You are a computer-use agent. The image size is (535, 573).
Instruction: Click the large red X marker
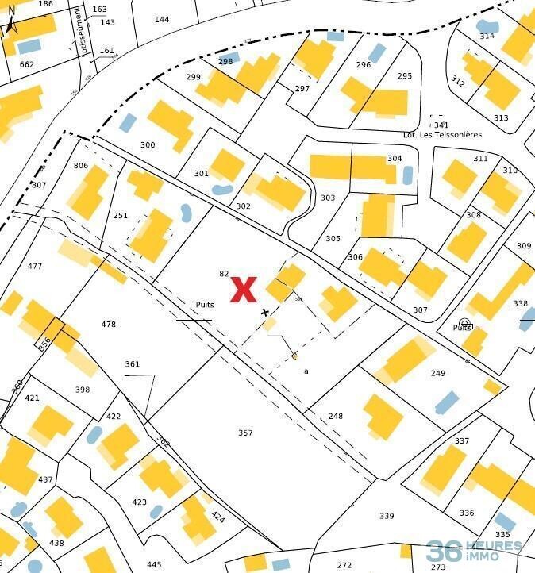[x=243, y=290]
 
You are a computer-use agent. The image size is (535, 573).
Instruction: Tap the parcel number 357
[x=245, y=433]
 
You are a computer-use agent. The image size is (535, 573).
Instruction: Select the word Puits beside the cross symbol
[x=205, y=305]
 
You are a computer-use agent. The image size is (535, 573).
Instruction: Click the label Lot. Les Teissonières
[x=442, y=135]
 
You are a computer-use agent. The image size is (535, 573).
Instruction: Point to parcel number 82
[x=224, y=274]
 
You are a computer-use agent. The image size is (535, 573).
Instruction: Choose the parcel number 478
[x=109, y=325]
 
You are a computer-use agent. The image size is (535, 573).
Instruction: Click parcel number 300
[x=147, y=145]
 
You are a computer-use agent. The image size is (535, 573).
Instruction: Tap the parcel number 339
[x=387, y=517]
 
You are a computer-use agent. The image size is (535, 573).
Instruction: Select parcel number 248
[x=335, y=417]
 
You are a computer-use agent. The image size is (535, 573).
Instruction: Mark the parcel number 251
[x=120, y=216]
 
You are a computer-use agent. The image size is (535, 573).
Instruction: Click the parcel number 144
[x=162, y=19]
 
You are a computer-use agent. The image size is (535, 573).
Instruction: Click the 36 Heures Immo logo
[x=474, y=551]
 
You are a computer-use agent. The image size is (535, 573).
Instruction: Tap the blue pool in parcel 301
[x=221, y=190]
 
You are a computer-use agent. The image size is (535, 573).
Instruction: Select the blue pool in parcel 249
[x=446, y=402]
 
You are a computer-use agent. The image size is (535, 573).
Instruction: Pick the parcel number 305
[x=333, y=239]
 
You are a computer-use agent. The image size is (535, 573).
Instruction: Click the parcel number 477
[x=34, y=267]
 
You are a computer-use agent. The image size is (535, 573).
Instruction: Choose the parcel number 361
[x=132, y=364]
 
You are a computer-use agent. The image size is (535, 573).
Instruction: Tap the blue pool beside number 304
[x=408, y=175]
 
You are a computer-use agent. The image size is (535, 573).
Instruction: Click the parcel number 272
[x=344, y=565]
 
